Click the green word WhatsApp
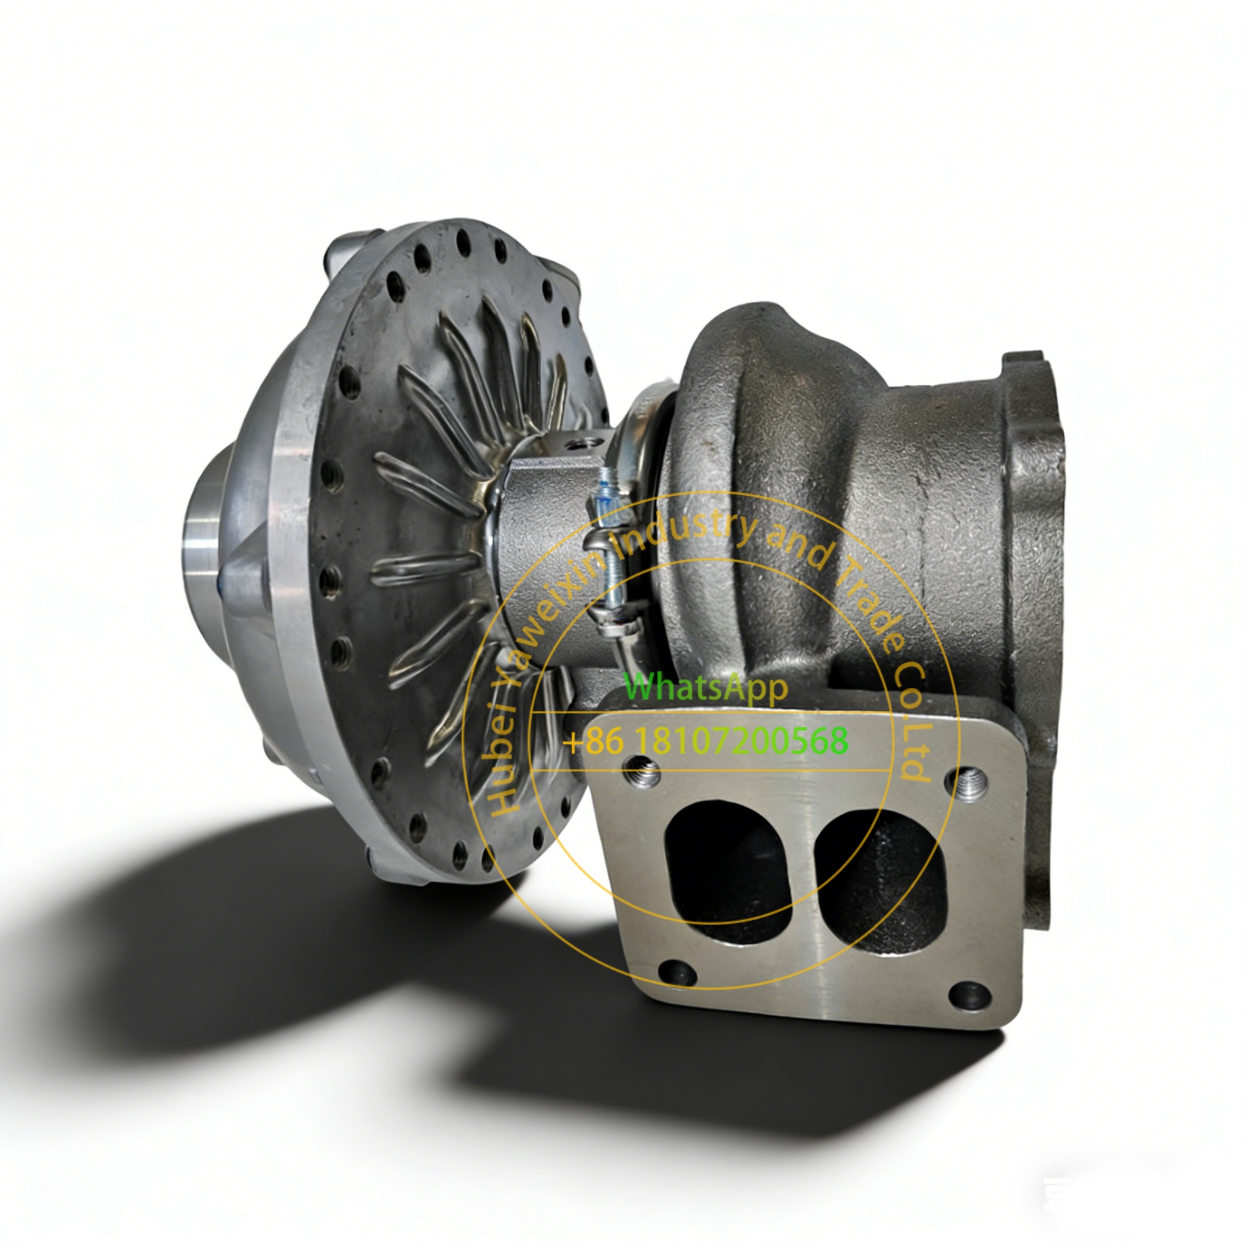point(706,687)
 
